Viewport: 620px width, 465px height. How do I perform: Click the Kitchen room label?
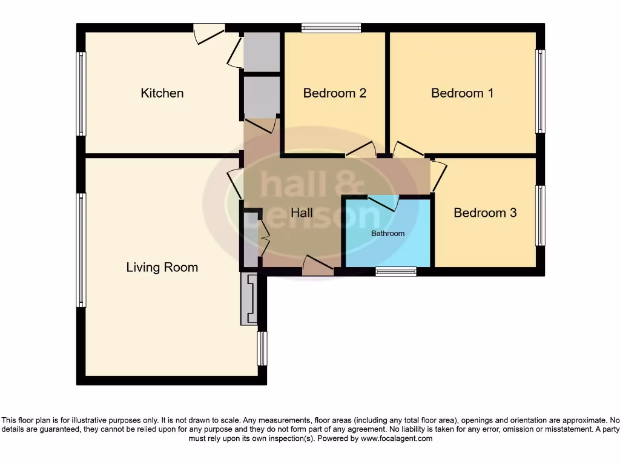(x=162, y=93)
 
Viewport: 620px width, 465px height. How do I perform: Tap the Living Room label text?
(x=162, y=267)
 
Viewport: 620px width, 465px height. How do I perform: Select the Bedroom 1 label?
(x=462, y=93)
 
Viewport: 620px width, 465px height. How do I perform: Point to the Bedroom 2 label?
(x=334, y=93)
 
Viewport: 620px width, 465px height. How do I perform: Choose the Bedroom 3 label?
(x=484, y=213)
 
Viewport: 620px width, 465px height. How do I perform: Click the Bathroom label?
(x=387, y=233)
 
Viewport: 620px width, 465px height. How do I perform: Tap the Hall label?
(x=302, y=213)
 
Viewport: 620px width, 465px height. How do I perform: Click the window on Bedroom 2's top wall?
(x=331, y=27)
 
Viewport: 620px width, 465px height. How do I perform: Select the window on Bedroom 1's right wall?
(x=539, y=91)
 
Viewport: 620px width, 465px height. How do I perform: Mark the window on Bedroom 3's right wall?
(x=539, y=216)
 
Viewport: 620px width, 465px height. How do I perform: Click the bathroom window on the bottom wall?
(x=395, y=271)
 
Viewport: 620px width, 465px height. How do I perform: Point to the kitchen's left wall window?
(x=81, y=94)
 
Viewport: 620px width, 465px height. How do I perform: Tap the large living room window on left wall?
(x=81, y=249)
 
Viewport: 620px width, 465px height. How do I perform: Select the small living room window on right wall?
(x=262, y=349)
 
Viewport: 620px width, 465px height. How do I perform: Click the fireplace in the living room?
(x=249, y=298)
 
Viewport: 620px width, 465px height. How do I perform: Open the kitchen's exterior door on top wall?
(x=209, y=33)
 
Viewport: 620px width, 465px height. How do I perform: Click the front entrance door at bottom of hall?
(x=317, y=265)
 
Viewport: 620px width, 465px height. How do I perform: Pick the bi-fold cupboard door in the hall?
(x=264, y=239)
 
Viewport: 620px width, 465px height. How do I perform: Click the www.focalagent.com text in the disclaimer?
(x=397, y=438)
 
